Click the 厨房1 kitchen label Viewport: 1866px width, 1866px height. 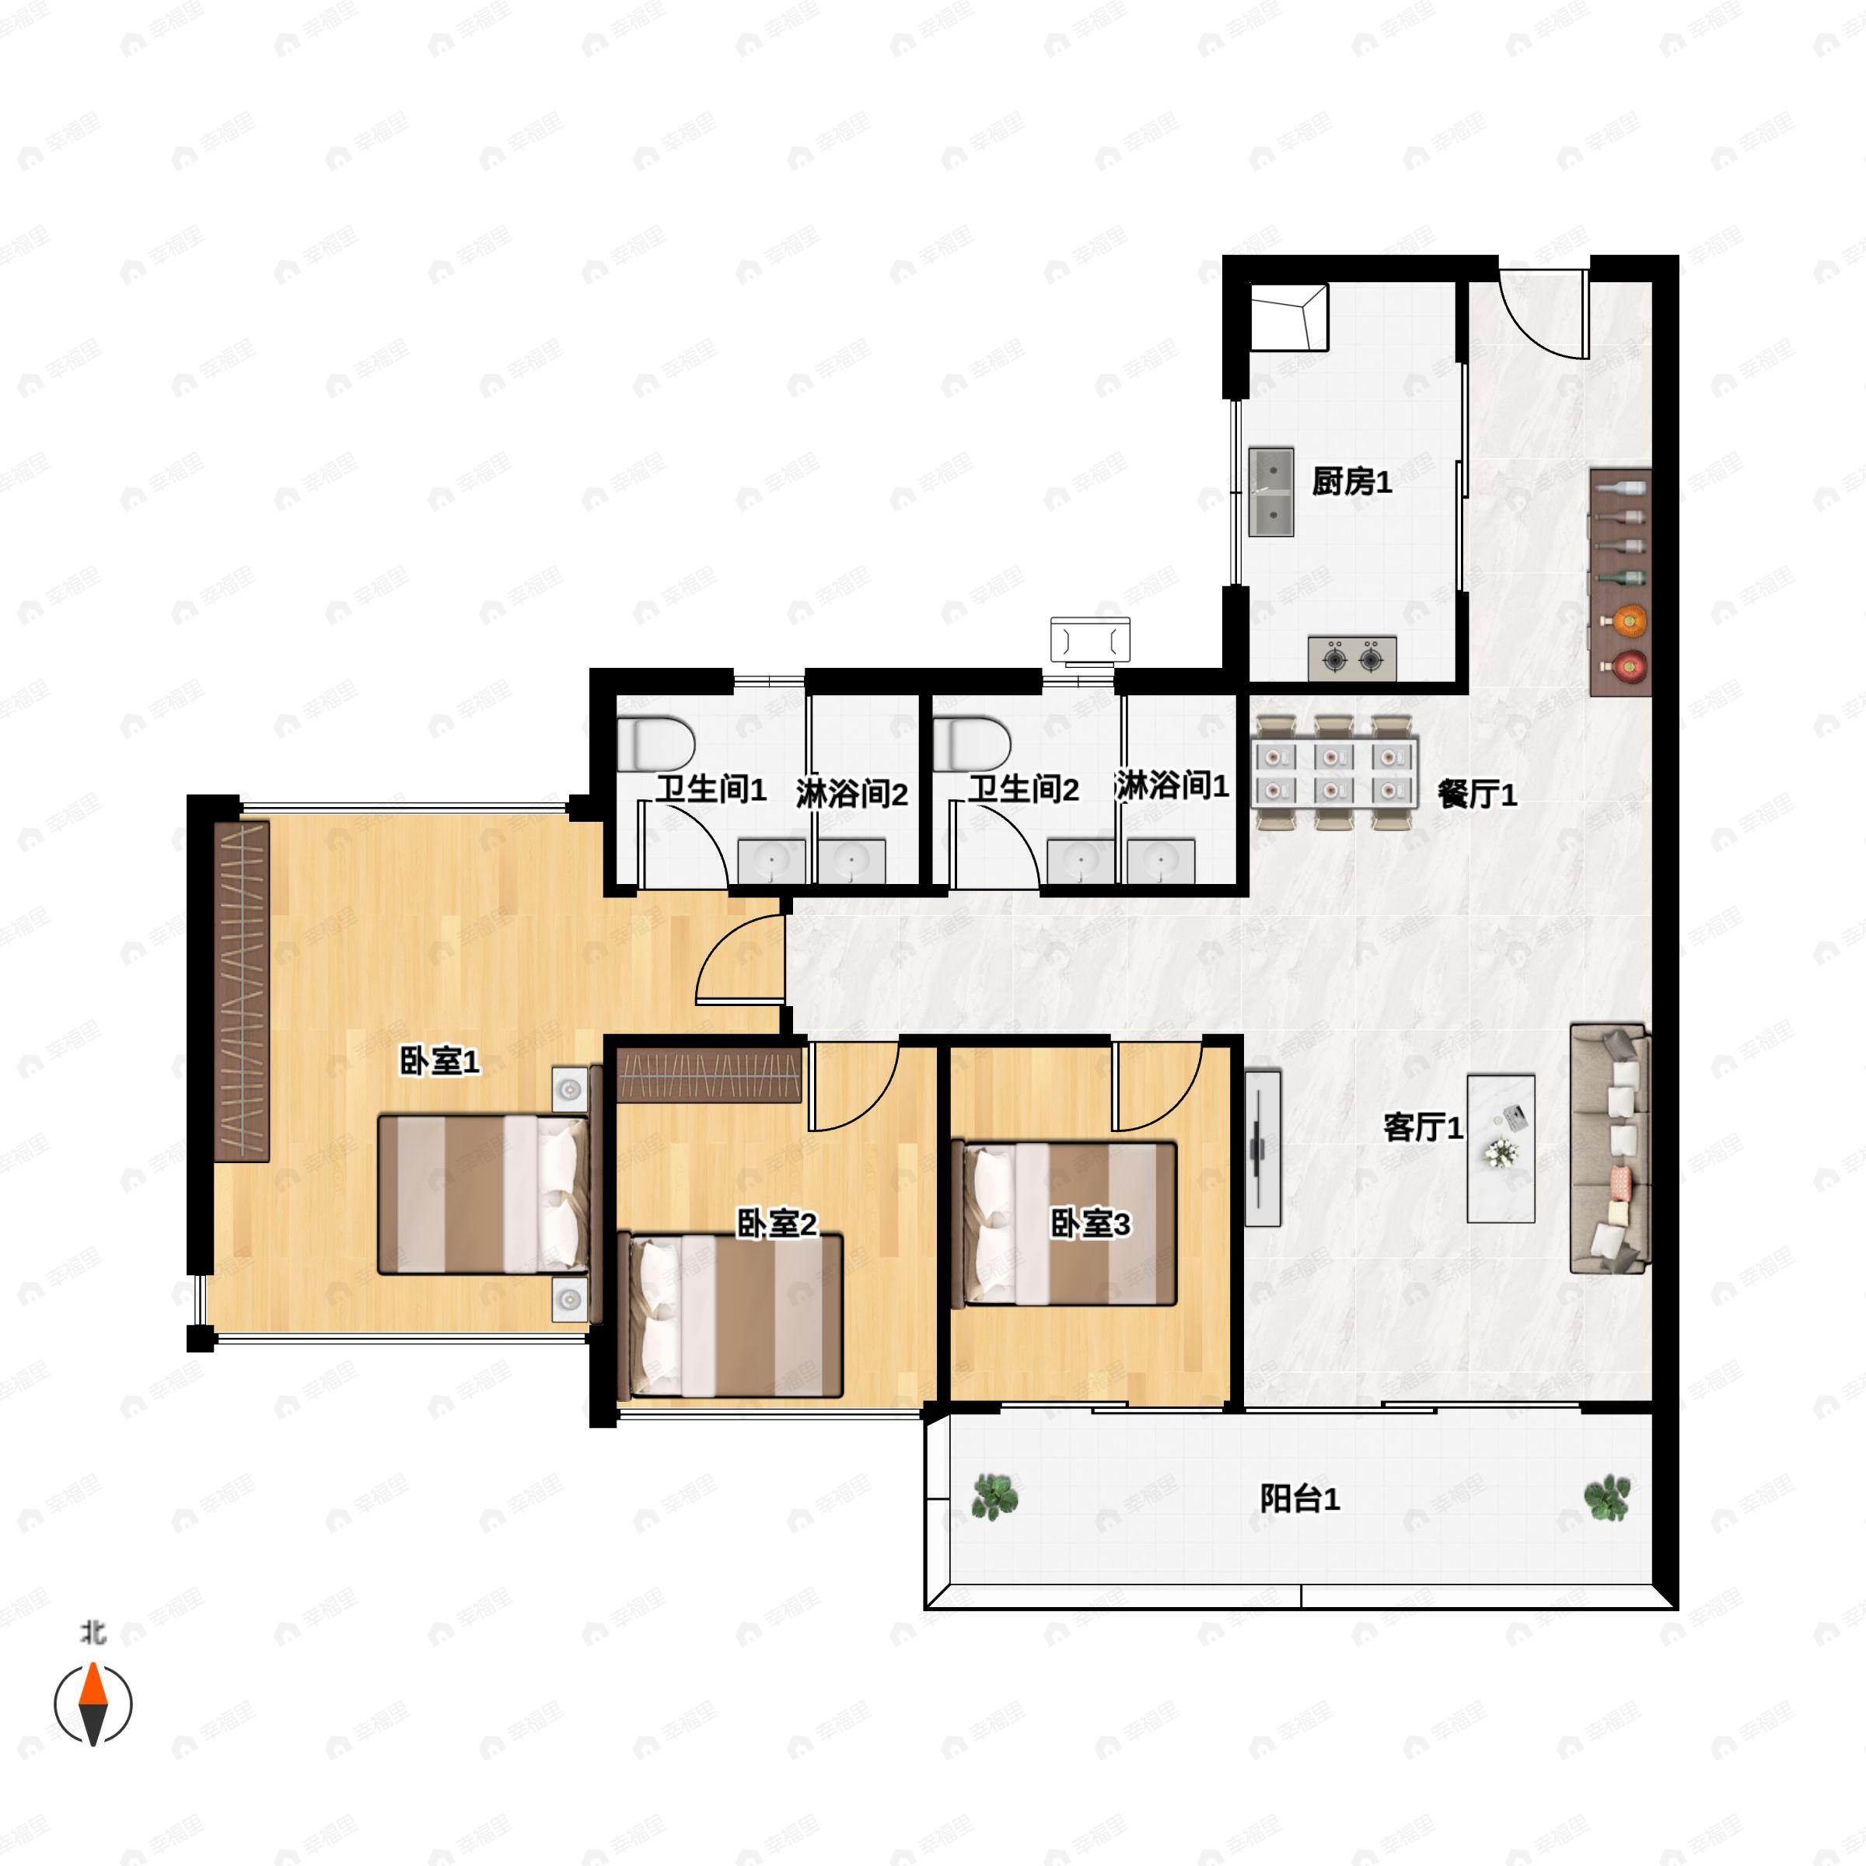tap(1351, 481)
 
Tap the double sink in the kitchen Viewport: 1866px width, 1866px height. tap(1271, 491)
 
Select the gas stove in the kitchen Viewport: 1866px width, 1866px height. tap(1352, 659)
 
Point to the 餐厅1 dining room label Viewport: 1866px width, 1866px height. tap(1476, 794)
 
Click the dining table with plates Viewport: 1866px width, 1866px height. tap(1334, 773)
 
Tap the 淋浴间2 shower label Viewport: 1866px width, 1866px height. tap(852, 794)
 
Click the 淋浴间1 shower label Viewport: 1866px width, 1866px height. tap(1172, 786)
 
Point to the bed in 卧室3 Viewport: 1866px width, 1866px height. tap(1065, 1224)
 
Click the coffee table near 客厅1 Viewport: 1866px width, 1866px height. tap(1501, 1148)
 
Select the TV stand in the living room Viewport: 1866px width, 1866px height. tap(1263, 1148)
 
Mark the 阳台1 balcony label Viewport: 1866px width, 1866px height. tap(1299, 1499)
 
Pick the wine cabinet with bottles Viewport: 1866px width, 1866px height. tap(1620, 582)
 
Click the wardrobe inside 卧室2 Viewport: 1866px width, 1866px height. tap(709, 1075)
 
